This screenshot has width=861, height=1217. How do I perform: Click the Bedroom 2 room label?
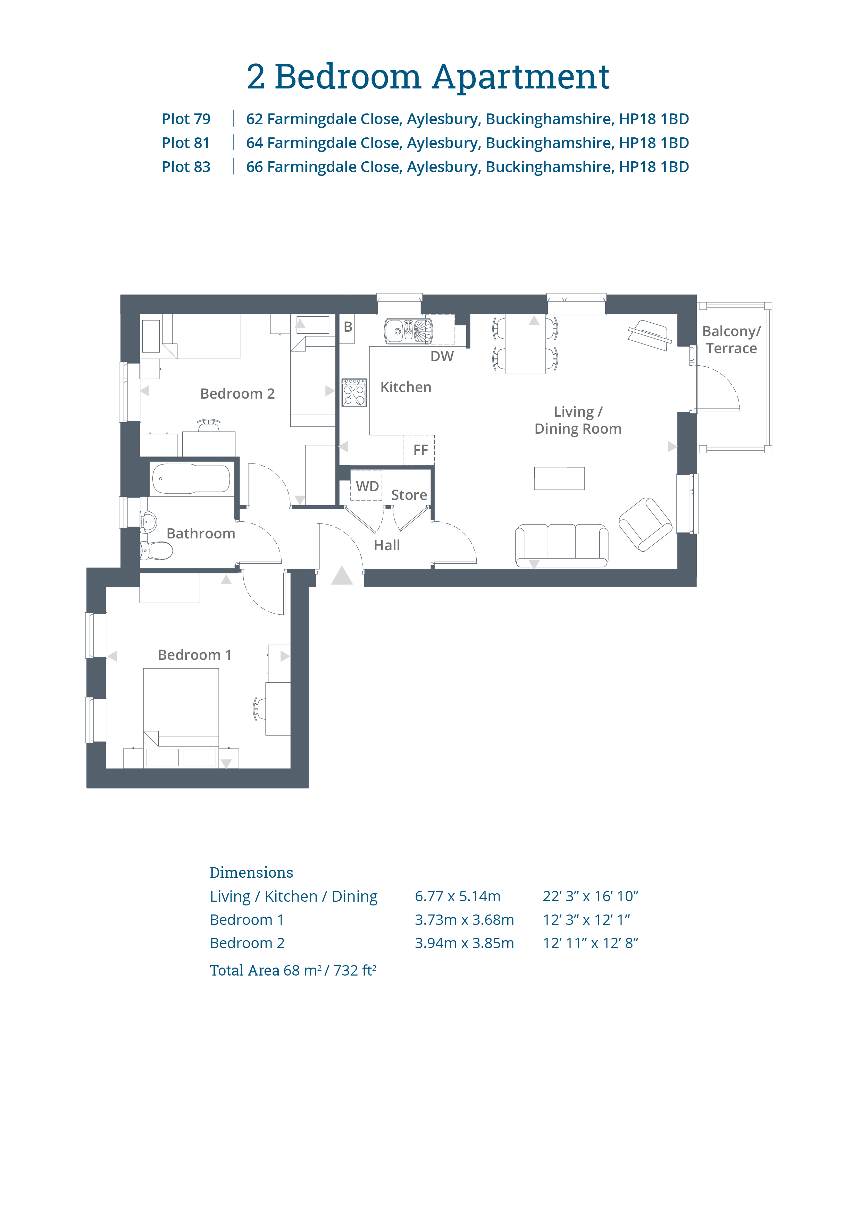[237, 394]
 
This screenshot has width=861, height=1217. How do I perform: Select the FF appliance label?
[420, 450]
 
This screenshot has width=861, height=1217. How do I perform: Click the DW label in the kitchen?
[442, 356]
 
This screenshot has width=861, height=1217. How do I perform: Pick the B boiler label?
[348, 327]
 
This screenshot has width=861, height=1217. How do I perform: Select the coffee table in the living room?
[559, 479]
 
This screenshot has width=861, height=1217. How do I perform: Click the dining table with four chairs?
[525, 344]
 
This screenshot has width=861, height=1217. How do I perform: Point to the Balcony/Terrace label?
[731, 340]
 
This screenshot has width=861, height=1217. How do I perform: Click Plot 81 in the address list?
[186, 143]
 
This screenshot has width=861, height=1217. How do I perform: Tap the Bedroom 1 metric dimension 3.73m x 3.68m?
[464, 920]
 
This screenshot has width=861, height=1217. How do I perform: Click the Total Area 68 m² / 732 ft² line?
[293, 970]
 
